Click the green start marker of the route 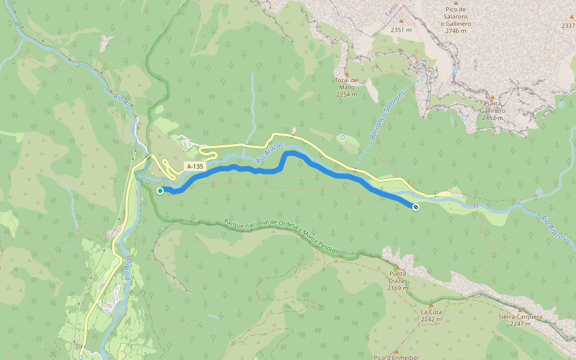click(x=160, y=191)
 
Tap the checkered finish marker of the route click(x=415, y=207)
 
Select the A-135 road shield click(x=194, y=166)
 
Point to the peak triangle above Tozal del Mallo click(x=346, y=73)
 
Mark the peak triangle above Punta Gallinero click(x=493, y=97)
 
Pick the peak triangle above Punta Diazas click(x=397, y=268)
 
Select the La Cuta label click(x=431, y=316)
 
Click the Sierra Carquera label click(x=520, y=320)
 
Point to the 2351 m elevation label click(x=401, y=29)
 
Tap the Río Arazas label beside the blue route click(x=269, y=154)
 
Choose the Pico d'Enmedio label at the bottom click(x=395, y=358)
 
